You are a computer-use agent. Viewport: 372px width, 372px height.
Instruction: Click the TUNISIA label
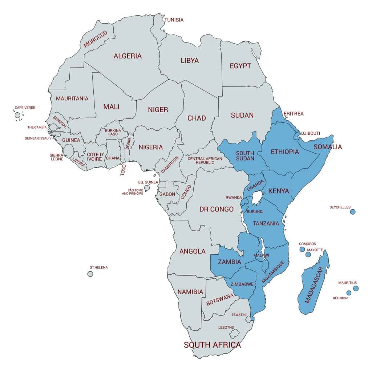click(x=174, y=20)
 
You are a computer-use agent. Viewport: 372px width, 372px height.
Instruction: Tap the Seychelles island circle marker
click(x=352, y=212)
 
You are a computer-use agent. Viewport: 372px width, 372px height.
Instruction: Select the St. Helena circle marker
click(x=90, y=274)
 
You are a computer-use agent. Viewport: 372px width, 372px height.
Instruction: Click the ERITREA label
click(x=293, y=114)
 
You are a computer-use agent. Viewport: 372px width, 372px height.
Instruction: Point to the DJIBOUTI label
click(x=310, y=133)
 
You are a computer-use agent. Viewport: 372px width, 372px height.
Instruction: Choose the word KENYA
click(x=278, y=191)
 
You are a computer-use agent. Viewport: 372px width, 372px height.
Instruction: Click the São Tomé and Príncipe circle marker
click(x=147, y=188)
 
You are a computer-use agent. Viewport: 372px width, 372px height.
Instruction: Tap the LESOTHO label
click(x=226, y=327)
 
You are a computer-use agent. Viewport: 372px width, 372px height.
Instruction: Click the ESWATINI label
click(x=239, y=314)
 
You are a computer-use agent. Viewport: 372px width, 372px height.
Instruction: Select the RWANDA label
click(x=234, y=198)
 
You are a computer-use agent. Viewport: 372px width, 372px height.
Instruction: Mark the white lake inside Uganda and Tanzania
click(x=257, y=198)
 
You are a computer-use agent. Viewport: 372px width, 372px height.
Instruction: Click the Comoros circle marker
click(x=302, y=249)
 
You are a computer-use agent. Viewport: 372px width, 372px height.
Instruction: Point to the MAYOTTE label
click(x=315, y=250)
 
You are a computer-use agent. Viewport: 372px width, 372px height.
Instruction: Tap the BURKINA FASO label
click(x=112, y=132)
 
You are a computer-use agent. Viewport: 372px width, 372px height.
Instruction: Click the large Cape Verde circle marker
click(x=17, y=115)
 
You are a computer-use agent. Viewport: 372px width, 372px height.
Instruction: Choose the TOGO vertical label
click(x=123, y=170)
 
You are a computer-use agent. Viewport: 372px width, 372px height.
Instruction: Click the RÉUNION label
click(x=340, y=298)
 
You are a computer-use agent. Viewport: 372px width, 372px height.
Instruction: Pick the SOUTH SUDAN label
click(x=245, y=156)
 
